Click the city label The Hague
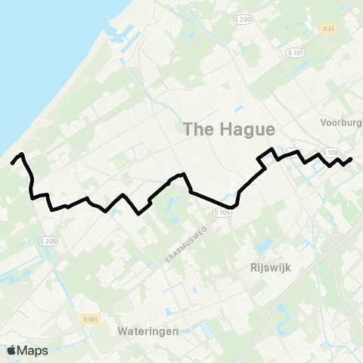228,129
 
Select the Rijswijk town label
270,268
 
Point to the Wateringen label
147,331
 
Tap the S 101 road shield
296,53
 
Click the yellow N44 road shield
327,29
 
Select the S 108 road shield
328,151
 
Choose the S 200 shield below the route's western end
48,240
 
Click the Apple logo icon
12,350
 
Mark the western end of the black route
12,163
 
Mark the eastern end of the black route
352,159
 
